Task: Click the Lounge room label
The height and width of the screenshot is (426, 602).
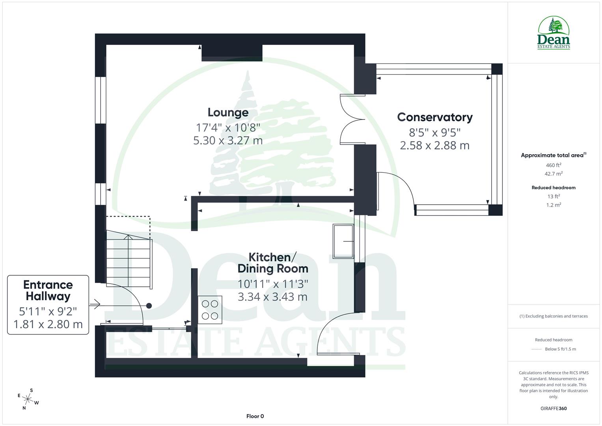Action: (x=228, y=112)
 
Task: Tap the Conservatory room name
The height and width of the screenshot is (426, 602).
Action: (x=434, y=117)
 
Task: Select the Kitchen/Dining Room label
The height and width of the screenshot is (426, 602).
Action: (x=272, y=263)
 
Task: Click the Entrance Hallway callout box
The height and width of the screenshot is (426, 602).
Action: (x=48, y=305)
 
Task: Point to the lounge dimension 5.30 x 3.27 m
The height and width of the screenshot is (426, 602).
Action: (x=228, y=140)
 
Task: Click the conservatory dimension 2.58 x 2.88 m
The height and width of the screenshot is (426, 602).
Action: (x=434, y=146)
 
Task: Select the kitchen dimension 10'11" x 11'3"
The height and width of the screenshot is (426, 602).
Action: (x=272, y=284)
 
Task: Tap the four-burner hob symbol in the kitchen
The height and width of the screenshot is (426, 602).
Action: (x=210, y=310)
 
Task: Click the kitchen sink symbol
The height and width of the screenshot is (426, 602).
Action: (x=343, y=241)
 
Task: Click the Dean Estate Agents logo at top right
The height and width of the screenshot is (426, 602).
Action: (x=554, y=33)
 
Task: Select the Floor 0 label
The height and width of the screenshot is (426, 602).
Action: (x=255, y=416)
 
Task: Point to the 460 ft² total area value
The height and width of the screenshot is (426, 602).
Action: (x=553, y=165)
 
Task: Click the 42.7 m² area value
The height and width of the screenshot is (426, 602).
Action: (x=553, y=174)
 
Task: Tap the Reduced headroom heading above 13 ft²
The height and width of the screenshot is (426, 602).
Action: (x=553, y=188)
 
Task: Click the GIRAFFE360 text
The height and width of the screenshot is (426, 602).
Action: (x=553, y=408)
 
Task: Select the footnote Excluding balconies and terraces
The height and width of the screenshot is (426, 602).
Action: (x=553, y=316)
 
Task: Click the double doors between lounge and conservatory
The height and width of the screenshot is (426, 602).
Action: (x=352, y=120)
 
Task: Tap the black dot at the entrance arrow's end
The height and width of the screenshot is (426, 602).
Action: (x=149, y=305)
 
